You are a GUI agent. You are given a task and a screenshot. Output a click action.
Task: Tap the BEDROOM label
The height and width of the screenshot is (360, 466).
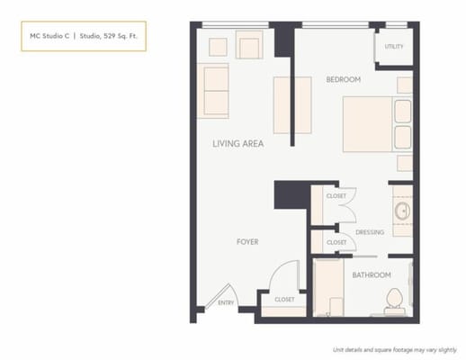tap(343, 80)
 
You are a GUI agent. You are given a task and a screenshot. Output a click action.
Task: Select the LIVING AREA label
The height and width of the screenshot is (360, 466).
tap(237, 143)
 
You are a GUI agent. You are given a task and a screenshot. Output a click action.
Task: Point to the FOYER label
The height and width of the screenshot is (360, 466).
tap(248, 241)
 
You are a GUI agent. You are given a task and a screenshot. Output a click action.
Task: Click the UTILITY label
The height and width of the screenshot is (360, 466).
tap(393, 46)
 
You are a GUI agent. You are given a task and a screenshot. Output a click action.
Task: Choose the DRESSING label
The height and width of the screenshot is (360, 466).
tap(369, 232)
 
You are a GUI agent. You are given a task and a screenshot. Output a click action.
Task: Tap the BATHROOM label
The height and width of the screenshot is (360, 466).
tap(371, 274)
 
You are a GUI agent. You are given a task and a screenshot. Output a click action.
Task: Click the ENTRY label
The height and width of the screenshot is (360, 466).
tap(226, 302)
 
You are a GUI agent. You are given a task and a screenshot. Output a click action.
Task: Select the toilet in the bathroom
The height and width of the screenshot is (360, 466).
tap(393, 301)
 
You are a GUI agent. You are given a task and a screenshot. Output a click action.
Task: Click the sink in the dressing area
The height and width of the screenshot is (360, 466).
tap(401, 212)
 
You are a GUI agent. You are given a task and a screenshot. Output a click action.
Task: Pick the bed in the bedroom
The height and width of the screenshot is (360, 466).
tap(372, 125)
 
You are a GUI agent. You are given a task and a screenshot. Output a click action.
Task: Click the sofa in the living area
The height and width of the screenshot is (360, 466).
tap(215, 91)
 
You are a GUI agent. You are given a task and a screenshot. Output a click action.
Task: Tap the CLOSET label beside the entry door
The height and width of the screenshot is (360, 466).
tap(284, 299)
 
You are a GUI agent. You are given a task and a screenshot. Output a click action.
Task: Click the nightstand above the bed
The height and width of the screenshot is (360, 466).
tap(404, 85)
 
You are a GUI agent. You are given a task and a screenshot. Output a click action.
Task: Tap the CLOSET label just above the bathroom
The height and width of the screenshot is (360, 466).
tap(336, 242)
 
